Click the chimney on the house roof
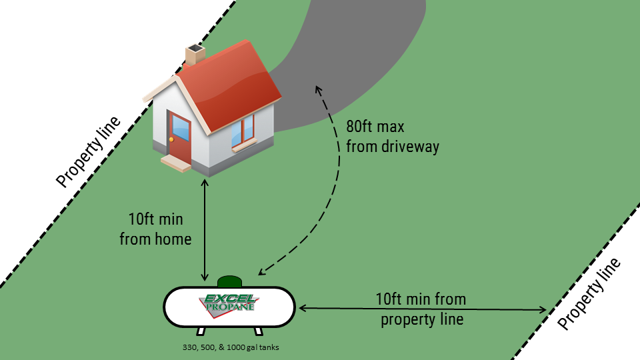195,55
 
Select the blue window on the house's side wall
243,131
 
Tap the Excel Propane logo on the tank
229,303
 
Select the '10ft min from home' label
156,228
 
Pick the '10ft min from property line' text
421,309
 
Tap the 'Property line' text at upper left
89,152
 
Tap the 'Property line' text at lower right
589,294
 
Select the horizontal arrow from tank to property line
423,309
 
